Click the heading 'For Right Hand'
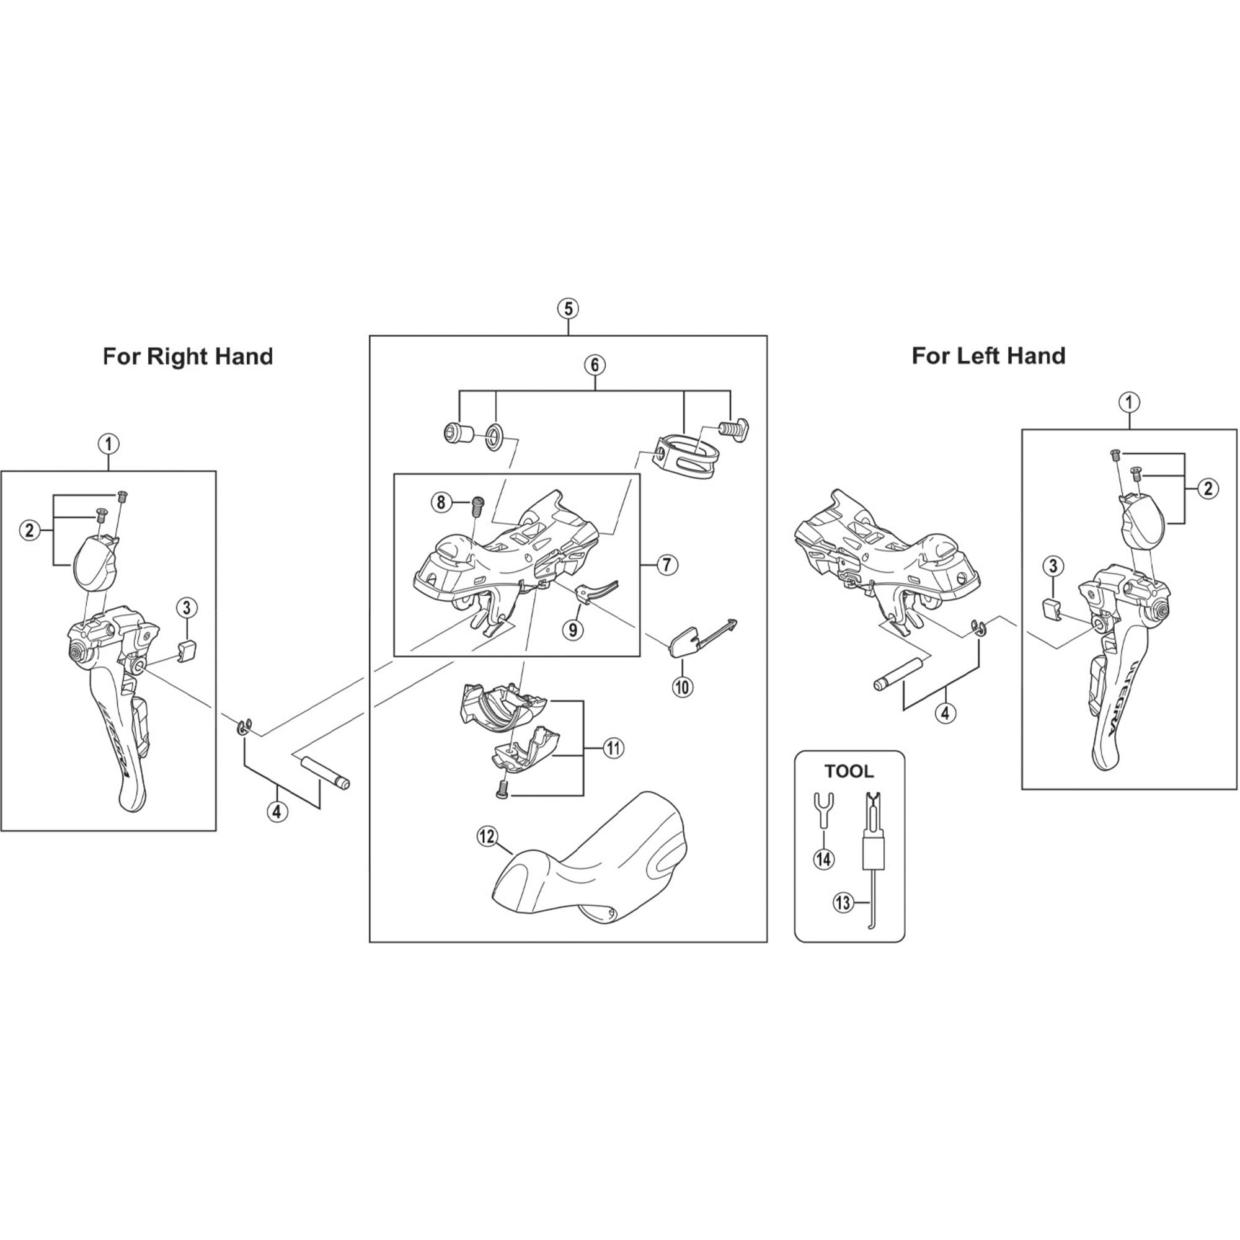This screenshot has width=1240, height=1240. click(x=188, y=356)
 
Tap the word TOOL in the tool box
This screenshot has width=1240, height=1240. click(x=849, y=771)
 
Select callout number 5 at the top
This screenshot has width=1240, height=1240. click(x=568, y=309)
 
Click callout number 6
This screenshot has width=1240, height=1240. click(x=595, y=365)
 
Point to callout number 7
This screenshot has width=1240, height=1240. click(x=667, y=565)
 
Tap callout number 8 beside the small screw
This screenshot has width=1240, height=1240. click(x=441, y=502)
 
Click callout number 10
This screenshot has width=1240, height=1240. click(x=682, y=688)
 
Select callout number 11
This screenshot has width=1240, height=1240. click(x=614, y=748)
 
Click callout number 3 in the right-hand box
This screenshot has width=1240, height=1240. click(x=186, y=607)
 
